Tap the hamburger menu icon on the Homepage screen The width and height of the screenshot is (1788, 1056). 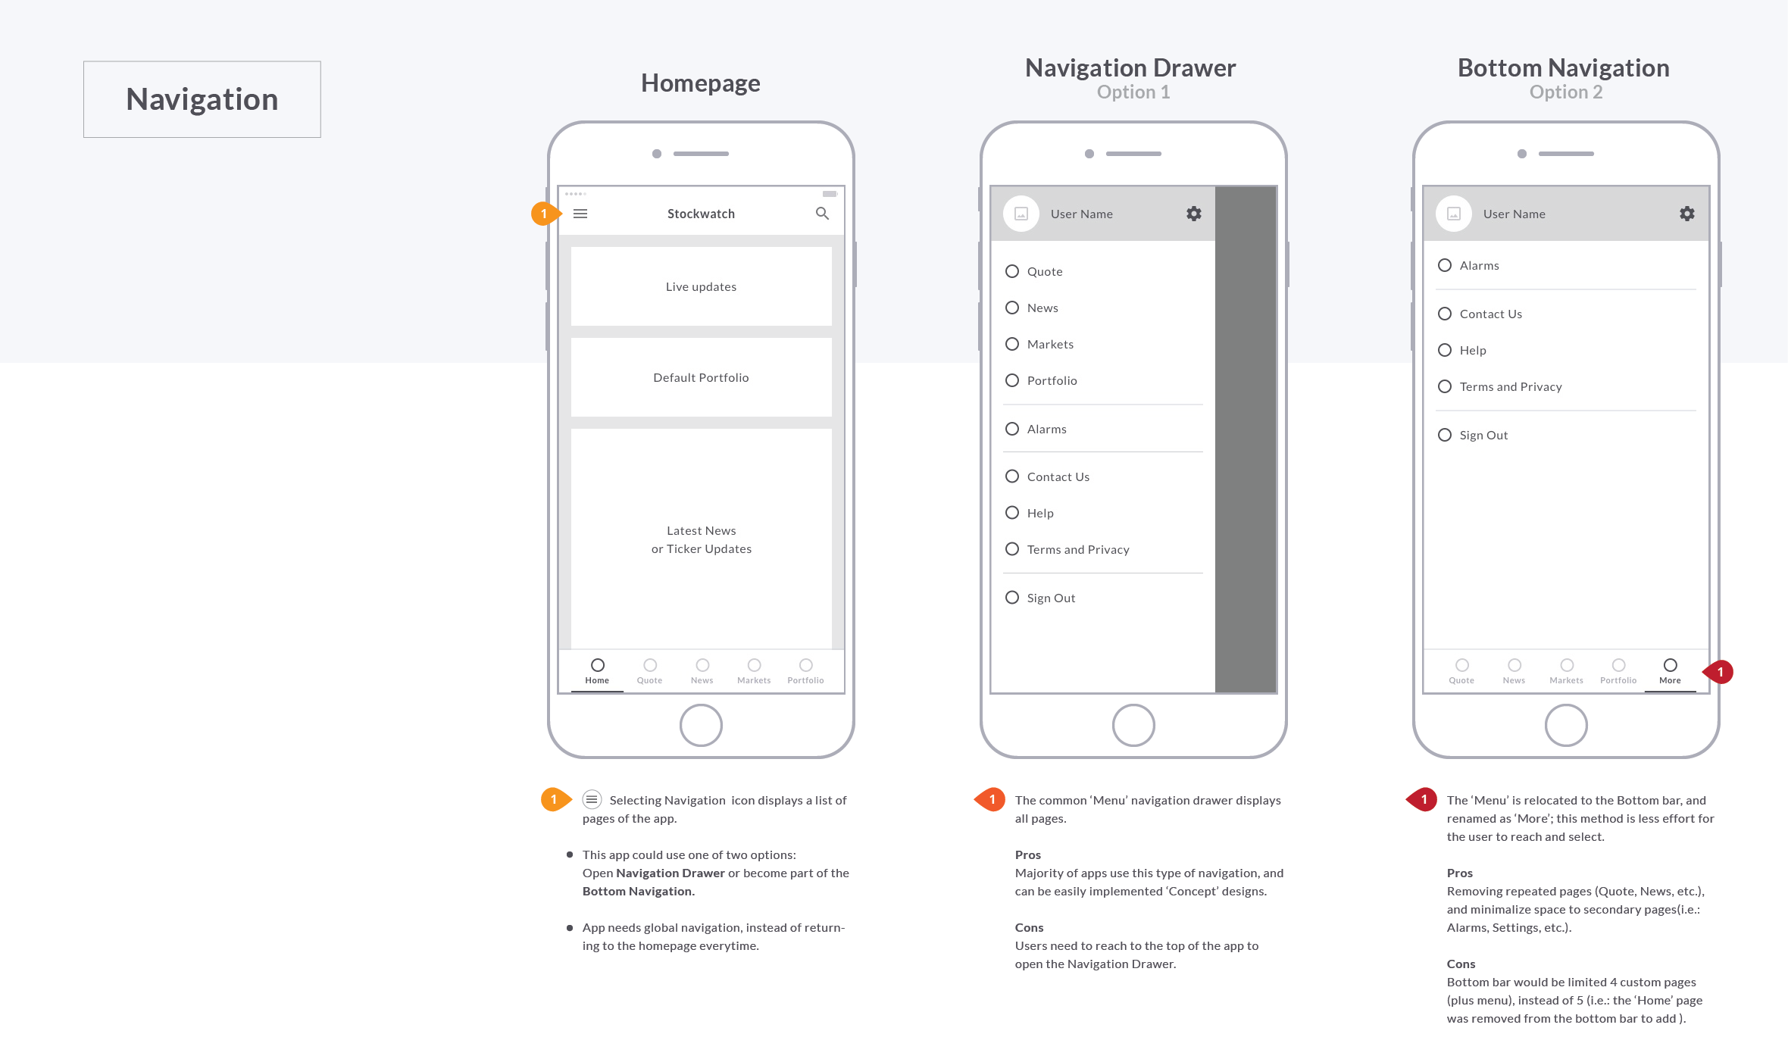[580, 214]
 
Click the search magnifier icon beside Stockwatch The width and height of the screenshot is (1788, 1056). [822, 214]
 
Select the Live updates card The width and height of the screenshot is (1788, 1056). [701, 286]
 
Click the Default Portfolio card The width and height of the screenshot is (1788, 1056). [701, 377]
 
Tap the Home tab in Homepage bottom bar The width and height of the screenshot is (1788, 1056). [597, 670]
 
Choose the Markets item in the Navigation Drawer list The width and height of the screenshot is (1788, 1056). [1049, 344]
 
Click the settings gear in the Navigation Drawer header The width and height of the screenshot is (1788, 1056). [1194, 214]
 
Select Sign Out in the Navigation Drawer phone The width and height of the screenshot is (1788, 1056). [1050, 598]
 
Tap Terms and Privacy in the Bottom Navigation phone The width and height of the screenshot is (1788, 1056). [1510, 386]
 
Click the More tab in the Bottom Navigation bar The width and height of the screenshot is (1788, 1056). [1670, 670]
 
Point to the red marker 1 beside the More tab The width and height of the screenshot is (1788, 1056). [1720, 672]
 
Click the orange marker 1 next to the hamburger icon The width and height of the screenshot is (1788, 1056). [544, 214]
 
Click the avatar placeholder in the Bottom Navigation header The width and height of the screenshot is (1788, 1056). [1453, 214]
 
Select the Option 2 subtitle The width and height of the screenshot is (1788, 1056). [1565, 92]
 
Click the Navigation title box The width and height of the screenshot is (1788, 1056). [202, 99]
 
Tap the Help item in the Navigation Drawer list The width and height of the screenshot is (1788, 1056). [1039, 513]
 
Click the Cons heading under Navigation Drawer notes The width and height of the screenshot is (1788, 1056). [1029, 927]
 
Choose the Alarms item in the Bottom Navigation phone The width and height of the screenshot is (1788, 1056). [1478, 265]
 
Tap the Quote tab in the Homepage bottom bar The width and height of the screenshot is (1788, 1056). [649, 670]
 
